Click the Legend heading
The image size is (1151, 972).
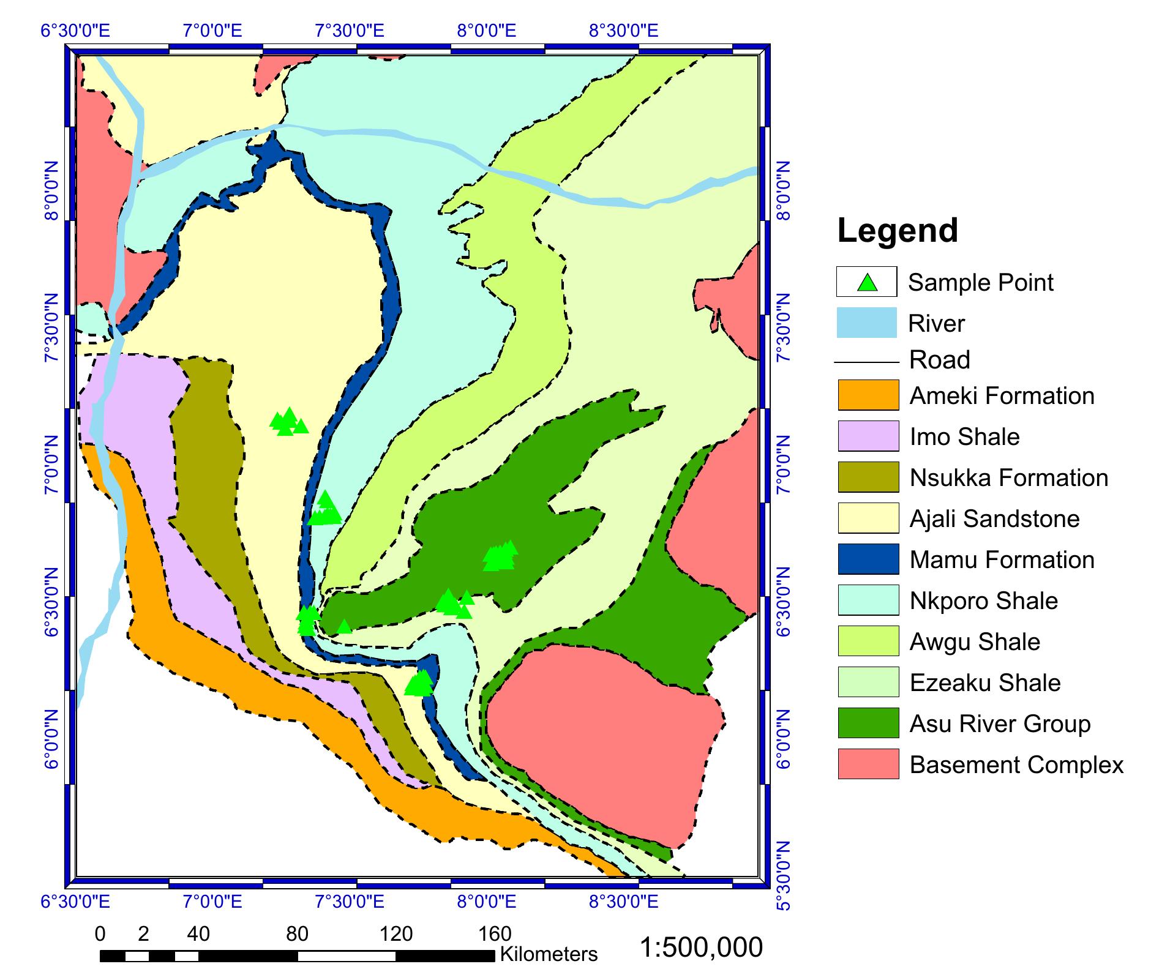[897, 231]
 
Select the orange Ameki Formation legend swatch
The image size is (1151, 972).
[868, 395]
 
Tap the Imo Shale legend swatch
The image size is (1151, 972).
[868, 436]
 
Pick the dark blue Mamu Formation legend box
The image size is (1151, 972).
[868, 559]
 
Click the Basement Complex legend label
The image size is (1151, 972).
[1016, 765]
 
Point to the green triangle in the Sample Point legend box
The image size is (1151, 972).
[867, 283]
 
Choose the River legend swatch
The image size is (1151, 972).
[866, 323]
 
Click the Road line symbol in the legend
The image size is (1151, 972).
[866, 362]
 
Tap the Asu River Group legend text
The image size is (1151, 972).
[1000, 724]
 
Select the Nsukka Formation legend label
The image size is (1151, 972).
[1008, 478]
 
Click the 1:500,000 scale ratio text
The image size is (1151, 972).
[701, 948]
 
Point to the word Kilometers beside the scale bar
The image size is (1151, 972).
[549, 954]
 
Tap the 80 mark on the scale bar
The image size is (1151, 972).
[297, 934]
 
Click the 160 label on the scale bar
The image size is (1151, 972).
[495, 934]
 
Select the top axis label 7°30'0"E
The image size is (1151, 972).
[350, 31]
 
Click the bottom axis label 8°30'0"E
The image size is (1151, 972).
[624, 902]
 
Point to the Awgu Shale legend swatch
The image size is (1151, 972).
[868, 641]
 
